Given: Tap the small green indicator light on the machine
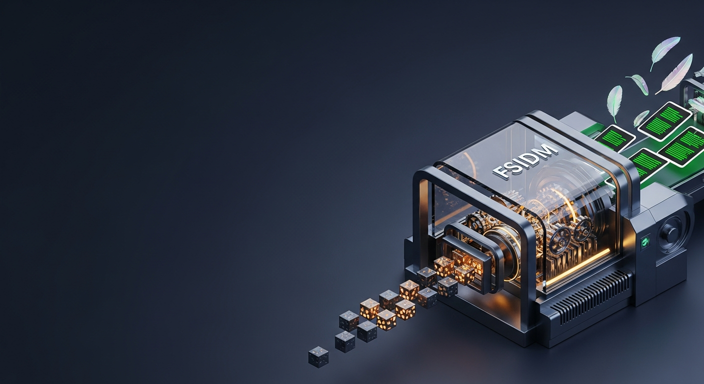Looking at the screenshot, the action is pos(645,241).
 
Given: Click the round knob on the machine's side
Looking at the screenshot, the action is pos(670,233).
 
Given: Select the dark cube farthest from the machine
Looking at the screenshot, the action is pos(318,356).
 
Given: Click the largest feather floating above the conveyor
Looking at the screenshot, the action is pos(674,74).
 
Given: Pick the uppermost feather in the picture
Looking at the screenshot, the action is pos(665,52).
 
